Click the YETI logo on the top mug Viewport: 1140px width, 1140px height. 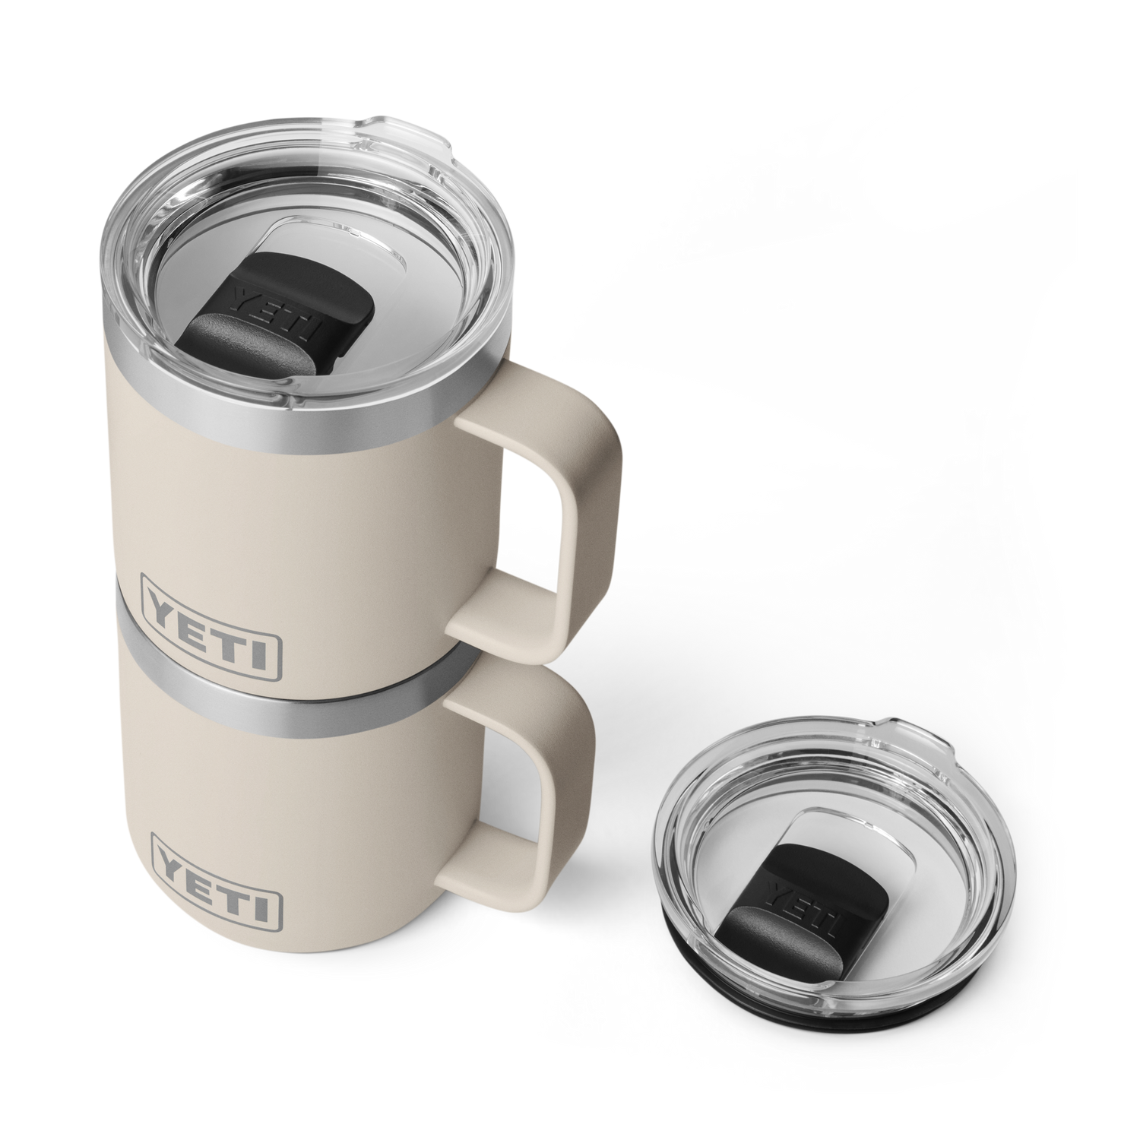[212, 634]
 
